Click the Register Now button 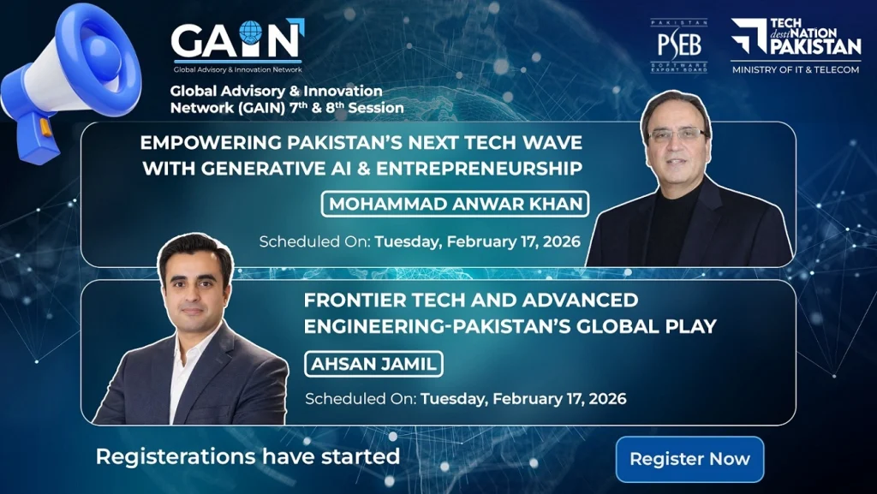pos(689,459)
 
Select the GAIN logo pos(238,46)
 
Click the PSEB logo pos(679,46)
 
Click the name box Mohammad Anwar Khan pos(456,204)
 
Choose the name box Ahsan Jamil pos(373,365)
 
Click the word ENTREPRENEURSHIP pos(480,168)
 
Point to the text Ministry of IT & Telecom pos(796,70)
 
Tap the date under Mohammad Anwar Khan pos(478,242)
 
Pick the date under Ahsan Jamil pos(523,399)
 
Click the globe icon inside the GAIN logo pos(250,32)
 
